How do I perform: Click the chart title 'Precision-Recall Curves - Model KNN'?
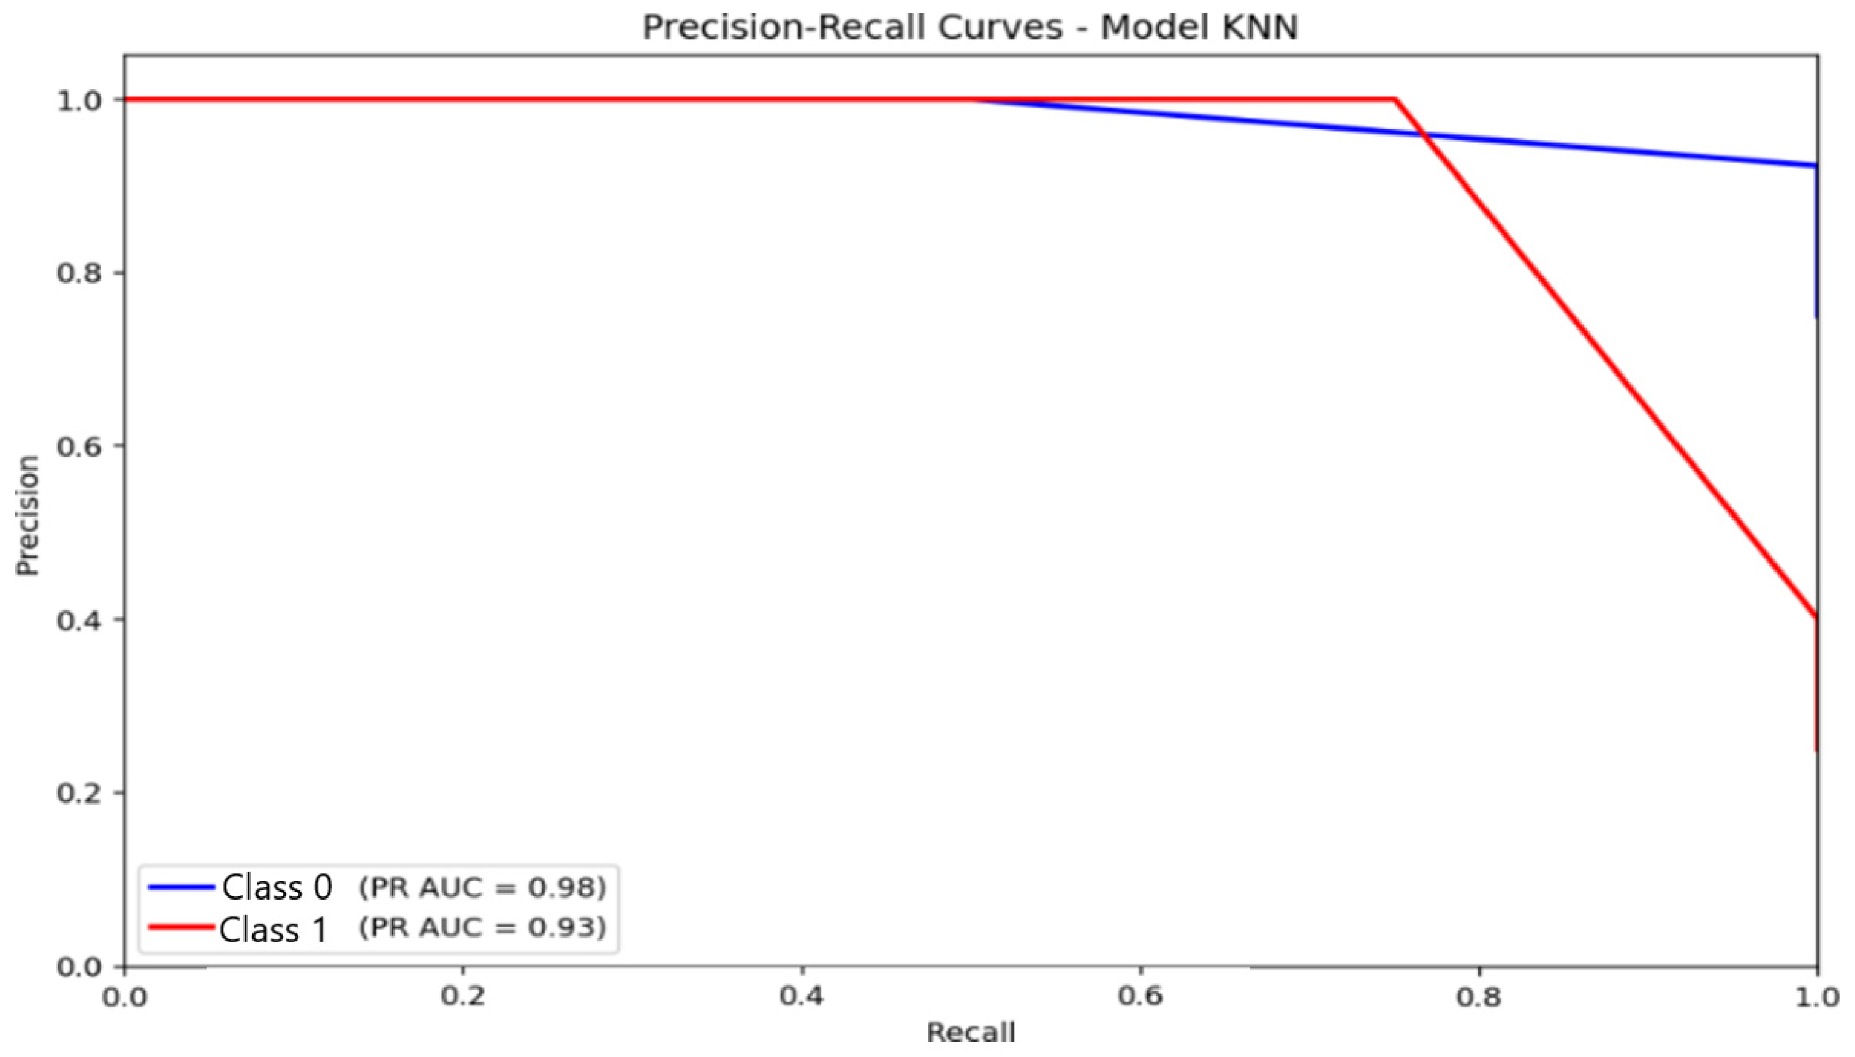point(969,28)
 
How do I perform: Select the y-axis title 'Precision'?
point(28,515)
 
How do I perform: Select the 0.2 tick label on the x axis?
point(463,996)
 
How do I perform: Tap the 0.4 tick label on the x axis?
point(802,996)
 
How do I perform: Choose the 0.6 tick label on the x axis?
point(1140,996)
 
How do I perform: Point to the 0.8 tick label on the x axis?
point(1479,996)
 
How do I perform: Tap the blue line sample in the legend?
point(181,887)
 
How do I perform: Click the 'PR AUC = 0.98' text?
point(483,887)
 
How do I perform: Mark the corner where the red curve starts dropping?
point(1395,99)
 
